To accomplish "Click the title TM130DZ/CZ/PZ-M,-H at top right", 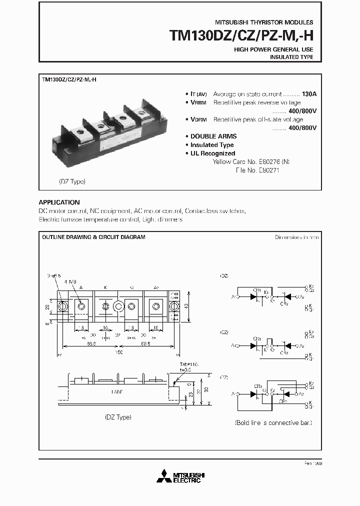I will click(x=241, y=36).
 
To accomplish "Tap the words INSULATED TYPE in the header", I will click(x=291, y=57).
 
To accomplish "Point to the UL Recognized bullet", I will click(x=212, y=153).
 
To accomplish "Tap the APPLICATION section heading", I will click(x=59, y=202).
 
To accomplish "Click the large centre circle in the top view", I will click(x=118, y=306).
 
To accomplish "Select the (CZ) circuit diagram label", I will click(x=224, y=332).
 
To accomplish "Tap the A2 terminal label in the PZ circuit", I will click(x=301, y=394).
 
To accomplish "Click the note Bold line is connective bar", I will click(x=273, y=423).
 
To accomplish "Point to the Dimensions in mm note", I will click(x=296, y=237).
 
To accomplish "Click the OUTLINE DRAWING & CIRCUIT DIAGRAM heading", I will click(x=93, y=237).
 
